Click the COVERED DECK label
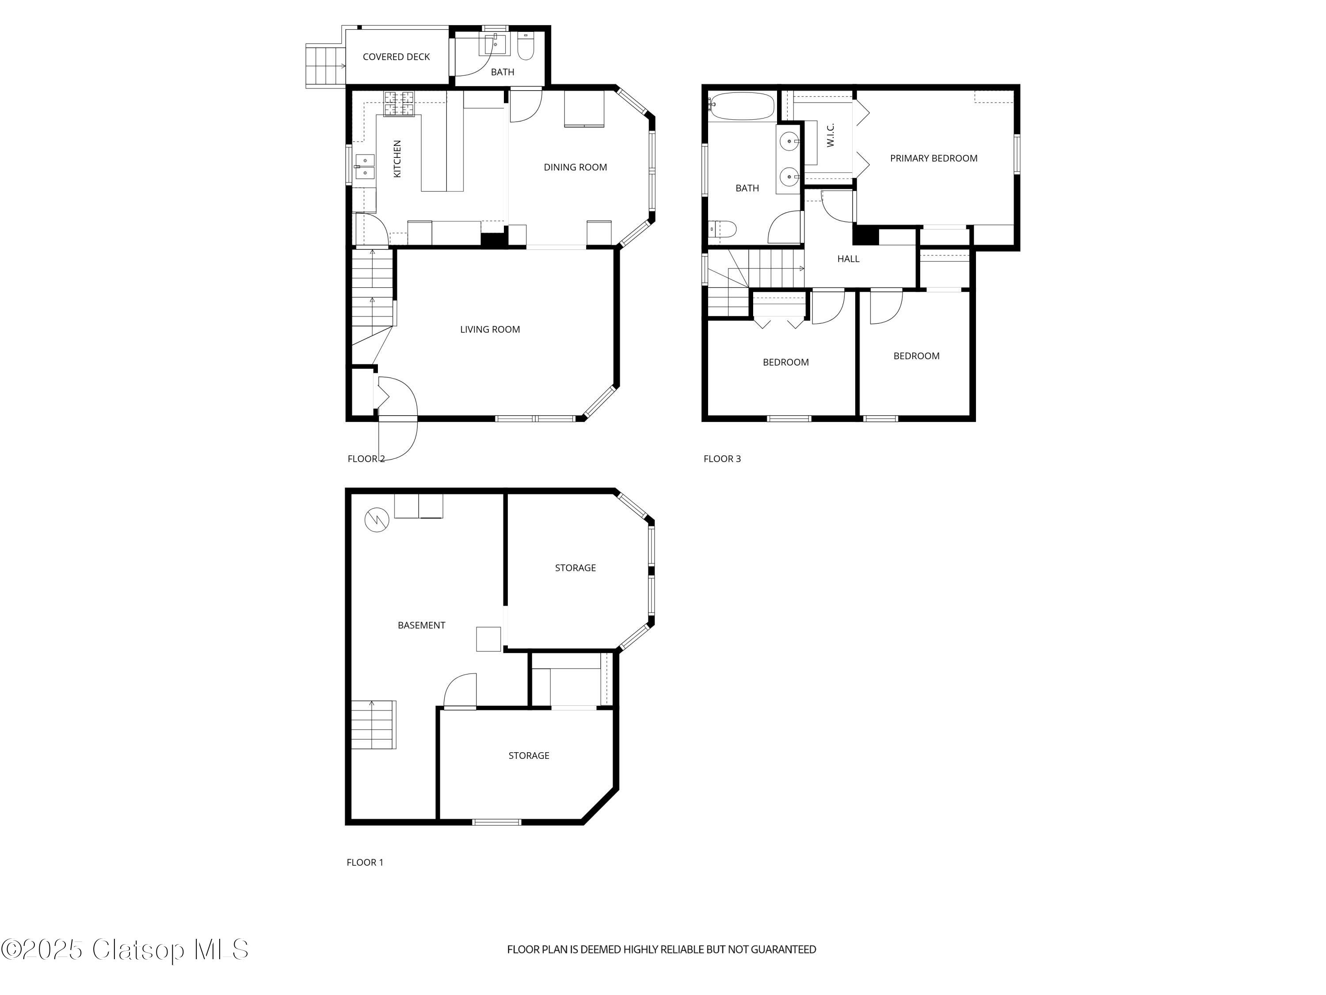click(x=396, y=57)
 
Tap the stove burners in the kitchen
click(x=399, y=103)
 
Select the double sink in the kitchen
click(x=365, y=167)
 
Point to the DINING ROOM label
click(x=575, y=167)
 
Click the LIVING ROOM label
click(x=490, y=329)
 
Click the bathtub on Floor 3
click(x=742, y=106)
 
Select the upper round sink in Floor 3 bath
click(x=790, y=142)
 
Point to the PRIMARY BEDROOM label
click(x=934, y=158)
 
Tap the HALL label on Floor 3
click(x=848, y=259)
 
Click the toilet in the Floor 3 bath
click(x=723, y=229)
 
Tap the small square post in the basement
click(x=488, y=639)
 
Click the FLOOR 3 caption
click(x=722, y=459)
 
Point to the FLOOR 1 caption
click(x=365, y=862)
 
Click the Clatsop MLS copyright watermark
click(x=125, y=949)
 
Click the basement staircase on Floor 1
click(x=373, y=724)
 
